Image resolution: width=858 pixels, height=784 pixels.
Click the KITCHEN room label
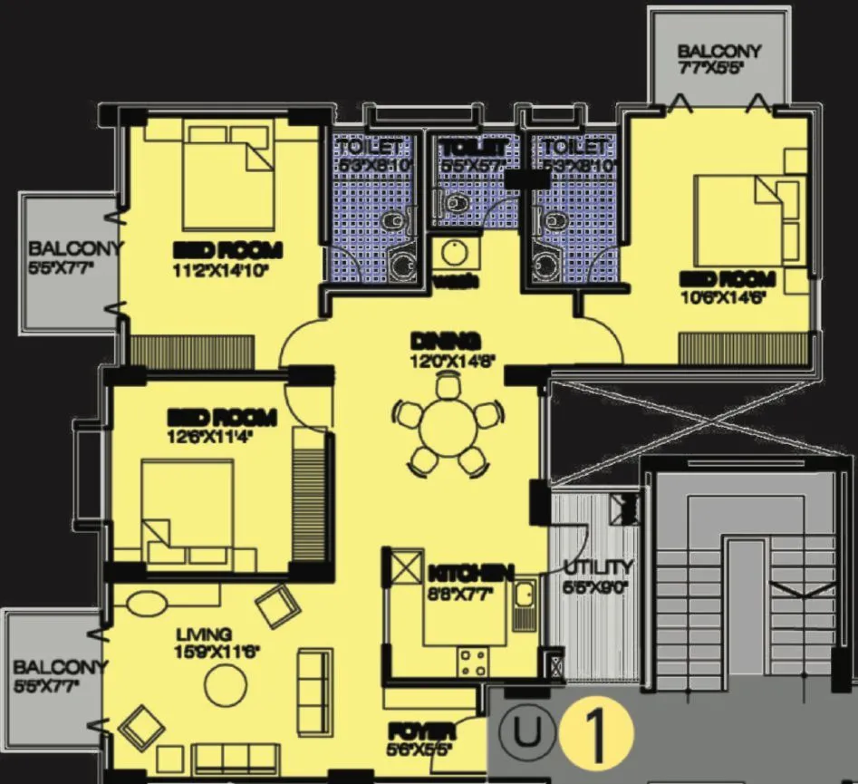pyautogui.click(x=471, y=573)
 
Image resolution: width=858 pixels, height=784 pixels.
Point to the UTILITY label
pyautogui.click(x=598, y=567)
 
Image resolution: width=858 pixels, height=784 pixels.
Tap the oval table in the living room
pyautogui.click(x=146, y=604)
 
